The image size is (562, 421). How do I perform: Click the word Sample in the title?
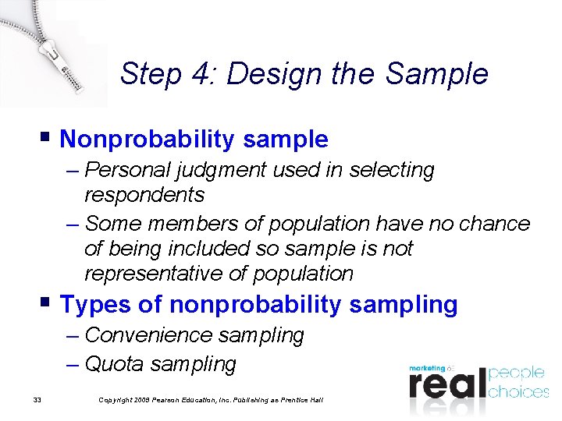(436, 74)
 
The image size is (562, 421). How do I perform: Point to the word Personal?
(119, 170)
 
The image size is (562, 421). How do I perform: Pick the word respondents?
(144, 194)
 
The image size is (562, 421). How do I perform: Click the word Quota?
(115, 363)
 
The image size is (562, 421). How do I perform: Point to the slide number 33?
(37, 400)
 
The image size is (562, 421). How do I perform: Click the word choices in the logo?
(518, 391)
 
